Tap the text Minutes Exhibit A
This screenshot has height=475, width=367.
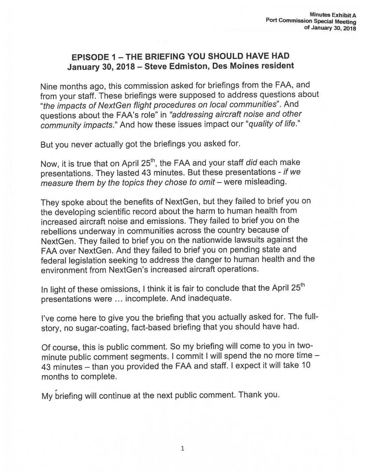click(333, 15)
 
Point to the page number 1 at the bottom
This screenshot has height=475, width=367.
click(182, 448)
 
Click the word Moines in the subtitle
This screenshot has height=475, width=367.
click(242, 65)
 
